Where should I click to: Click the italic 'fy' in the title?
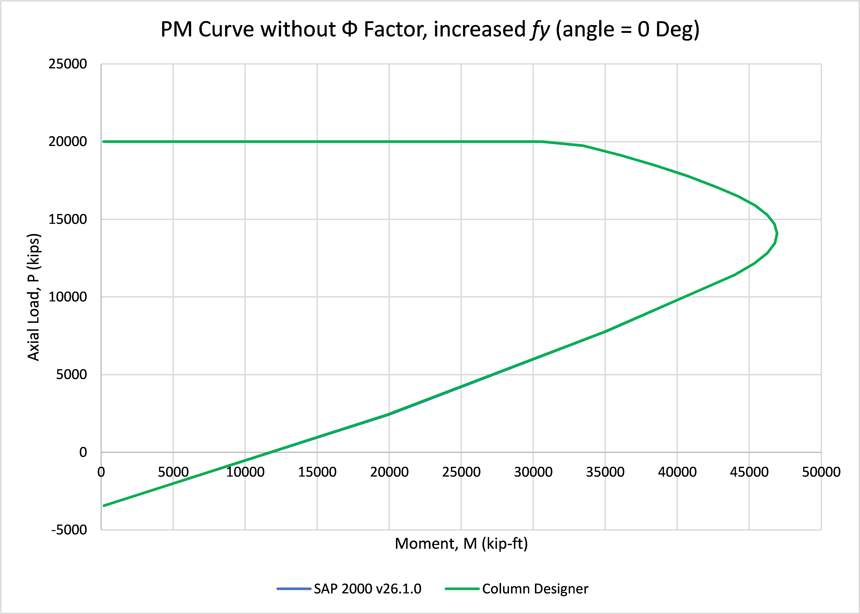pyautogui.click(x=539, y=30)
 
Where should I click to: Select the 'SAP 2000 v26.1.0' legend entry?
pyautogui.click(x=349, y=589)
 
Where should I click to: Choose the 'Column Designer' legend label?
pyautogui.click(x=535, y=589)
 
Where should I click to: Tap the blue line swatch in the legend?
pyautogui.click(x=294, y=589)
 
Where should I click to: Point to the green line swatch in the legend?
pyautogui.click(x=462, y=589)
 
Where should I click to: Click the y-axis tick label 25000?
pyautogui.click(x=68, y=64)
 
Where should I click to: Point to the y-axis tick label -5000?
pyautogui.click(x=69, y=530)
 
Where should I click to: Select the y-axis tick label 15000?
pyautogui.click(x=68, y=219)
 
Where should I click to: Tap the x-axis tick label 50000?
pyautogui.click(x=821, y=472)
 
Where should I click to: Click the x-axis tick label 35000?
pyautogui.click(x=605, y=472)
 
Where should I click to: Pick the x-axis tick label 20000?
pyautogui.click(x=389, y=472)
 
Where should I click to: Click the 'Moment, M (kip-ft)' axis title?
pyautogui.click(x=461, y=544)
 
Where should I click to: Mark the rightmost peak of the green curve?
pyautogui.click(x=777, y=234)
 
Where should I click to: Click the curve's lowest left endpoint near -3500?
pyautogui.click(x=104, y=506)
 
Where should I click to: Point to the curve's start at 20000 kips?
pyautogui.click(x=104, y=142)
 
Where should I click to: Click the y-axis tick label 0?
pyautogui.click(x=83, y=452)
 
